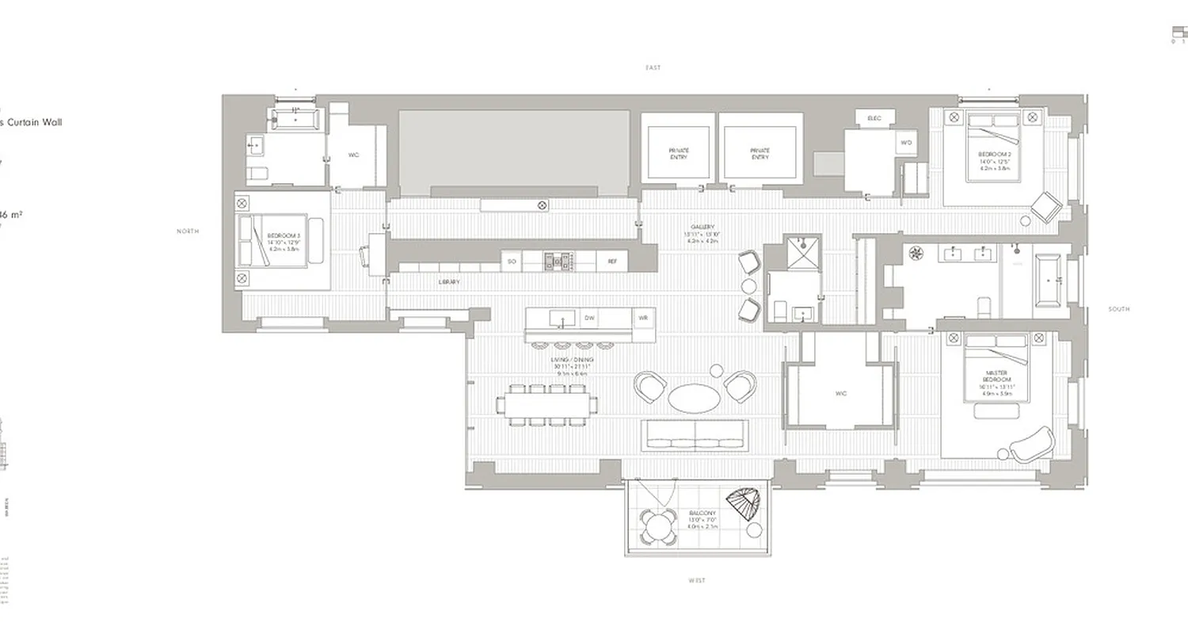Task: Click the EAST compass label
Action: pos(653,68)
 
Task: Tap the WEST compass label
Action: pos(697,581)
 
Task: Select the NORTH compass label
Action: pos(188,231)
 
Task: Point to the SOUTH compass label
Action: pos(1119,309)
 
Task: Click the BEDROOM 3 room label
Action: pos(283,236)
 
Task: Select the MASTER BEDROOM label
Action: pos(996,376)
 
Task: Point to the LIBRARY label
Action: pos(449,282)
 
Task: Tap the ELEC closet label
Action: pos(874,118)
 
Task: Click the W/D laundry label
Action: pos(906,143)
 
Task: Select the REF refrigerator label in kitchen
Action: pos(612,262)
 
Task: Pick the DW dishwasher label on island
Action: pos(589,318)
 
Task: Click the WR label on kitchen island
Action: pos(643,318)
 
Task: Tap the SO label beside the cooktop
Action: pos(512,262)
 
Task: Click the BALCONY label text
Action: pos(703,514)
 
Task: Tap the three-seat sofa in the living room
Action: pos(695,434)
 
